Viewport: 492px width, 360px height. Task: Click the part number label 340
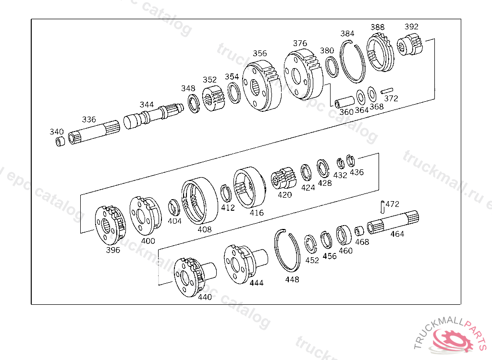point(57,132)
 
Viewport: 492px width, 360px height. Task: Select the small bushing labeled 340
point(60,142)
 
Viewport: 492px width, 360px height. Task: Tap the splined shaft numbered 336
point(94,132)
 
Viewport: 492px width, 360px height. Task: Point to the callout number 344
point(147,105)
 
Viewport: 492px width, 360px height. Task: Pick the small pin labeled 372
point(387,91)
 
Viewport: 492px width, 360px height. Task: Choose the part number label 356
point(260,53)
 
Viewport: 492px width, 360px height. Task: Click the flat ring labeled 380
point(332,67)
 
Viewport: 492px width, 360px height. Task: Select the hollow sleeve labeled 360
point(344,102)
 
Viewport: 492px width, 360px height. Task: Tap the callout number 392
point(411,27)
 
